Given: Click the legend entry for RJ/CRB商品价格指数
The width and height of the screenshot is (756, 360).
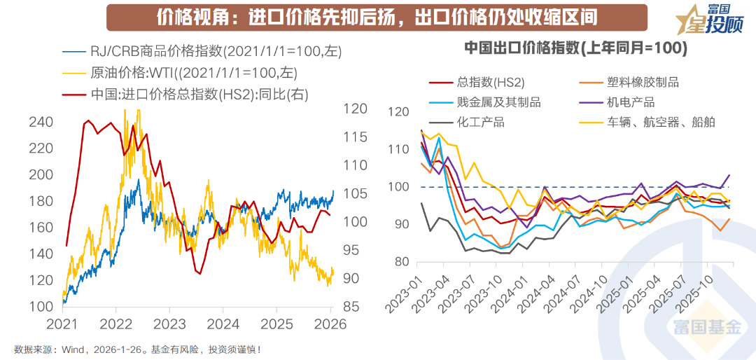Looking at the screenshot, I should coord(189,50).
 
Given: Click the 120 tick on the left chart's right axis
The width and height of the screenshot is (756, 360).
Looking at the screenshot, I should coord(356,109).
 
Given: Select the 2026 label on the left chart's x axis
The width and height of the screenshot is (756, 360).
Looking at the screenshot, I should coord(330,324).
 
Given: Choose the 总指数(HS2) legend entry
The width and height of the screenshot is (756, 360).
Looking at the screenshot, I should coord(490,82).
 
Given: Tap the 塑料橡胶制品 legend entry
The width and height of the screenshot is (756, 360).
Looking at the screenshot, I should coord(643,82).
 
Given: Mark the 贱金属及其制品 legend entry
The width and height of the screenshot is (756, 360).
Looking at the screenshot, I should coord(498,102).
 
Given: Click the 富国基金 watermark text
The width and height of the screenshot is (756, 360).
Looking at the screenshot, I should coord(707,326).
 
